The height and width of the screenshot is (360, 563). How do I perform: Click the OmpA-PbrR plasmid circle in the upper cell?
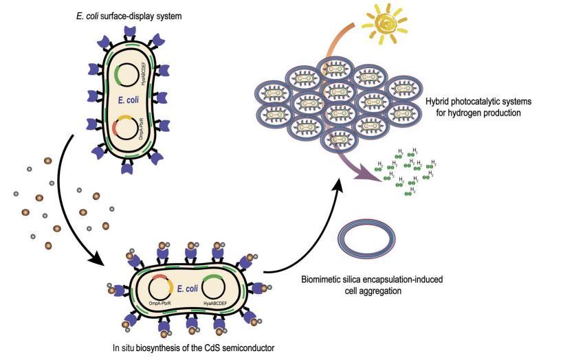(x=126, y=131)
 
